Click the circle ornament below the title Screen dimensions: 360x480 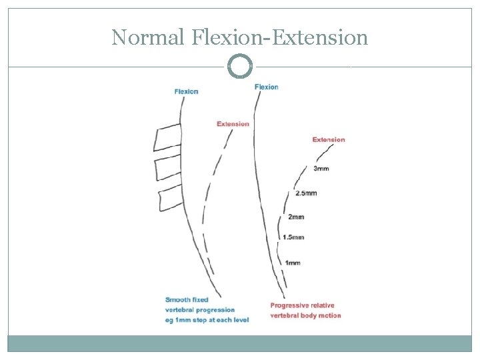[240, 67]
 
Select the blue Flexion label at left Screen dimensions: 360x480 [186, 91]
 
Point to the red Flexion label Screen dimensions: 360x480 [266, 87]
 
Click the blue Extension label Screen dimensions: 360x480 [233, 123]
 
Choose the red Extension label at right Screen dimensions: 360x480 [329, 139]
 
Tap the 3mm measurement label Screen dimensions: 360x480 [321, 169]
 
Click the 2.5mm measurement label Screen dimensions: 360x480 [306, 193]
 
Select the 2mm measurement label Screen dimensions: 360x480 [296, 217]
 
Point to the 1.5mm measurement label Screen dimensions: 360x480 [293, 237]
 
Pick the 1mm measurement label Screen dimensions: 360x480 [292, 263]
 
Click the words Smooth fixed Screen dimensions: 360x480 [187, 300]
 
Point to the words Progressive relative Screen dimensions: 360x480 [302, 305]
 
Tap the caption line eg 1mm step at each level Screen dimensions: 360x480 [207, 320]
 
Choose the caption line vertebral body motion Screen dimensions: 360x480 [305, 315]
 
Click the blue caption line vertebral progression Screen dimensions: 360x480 [200, 310]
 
